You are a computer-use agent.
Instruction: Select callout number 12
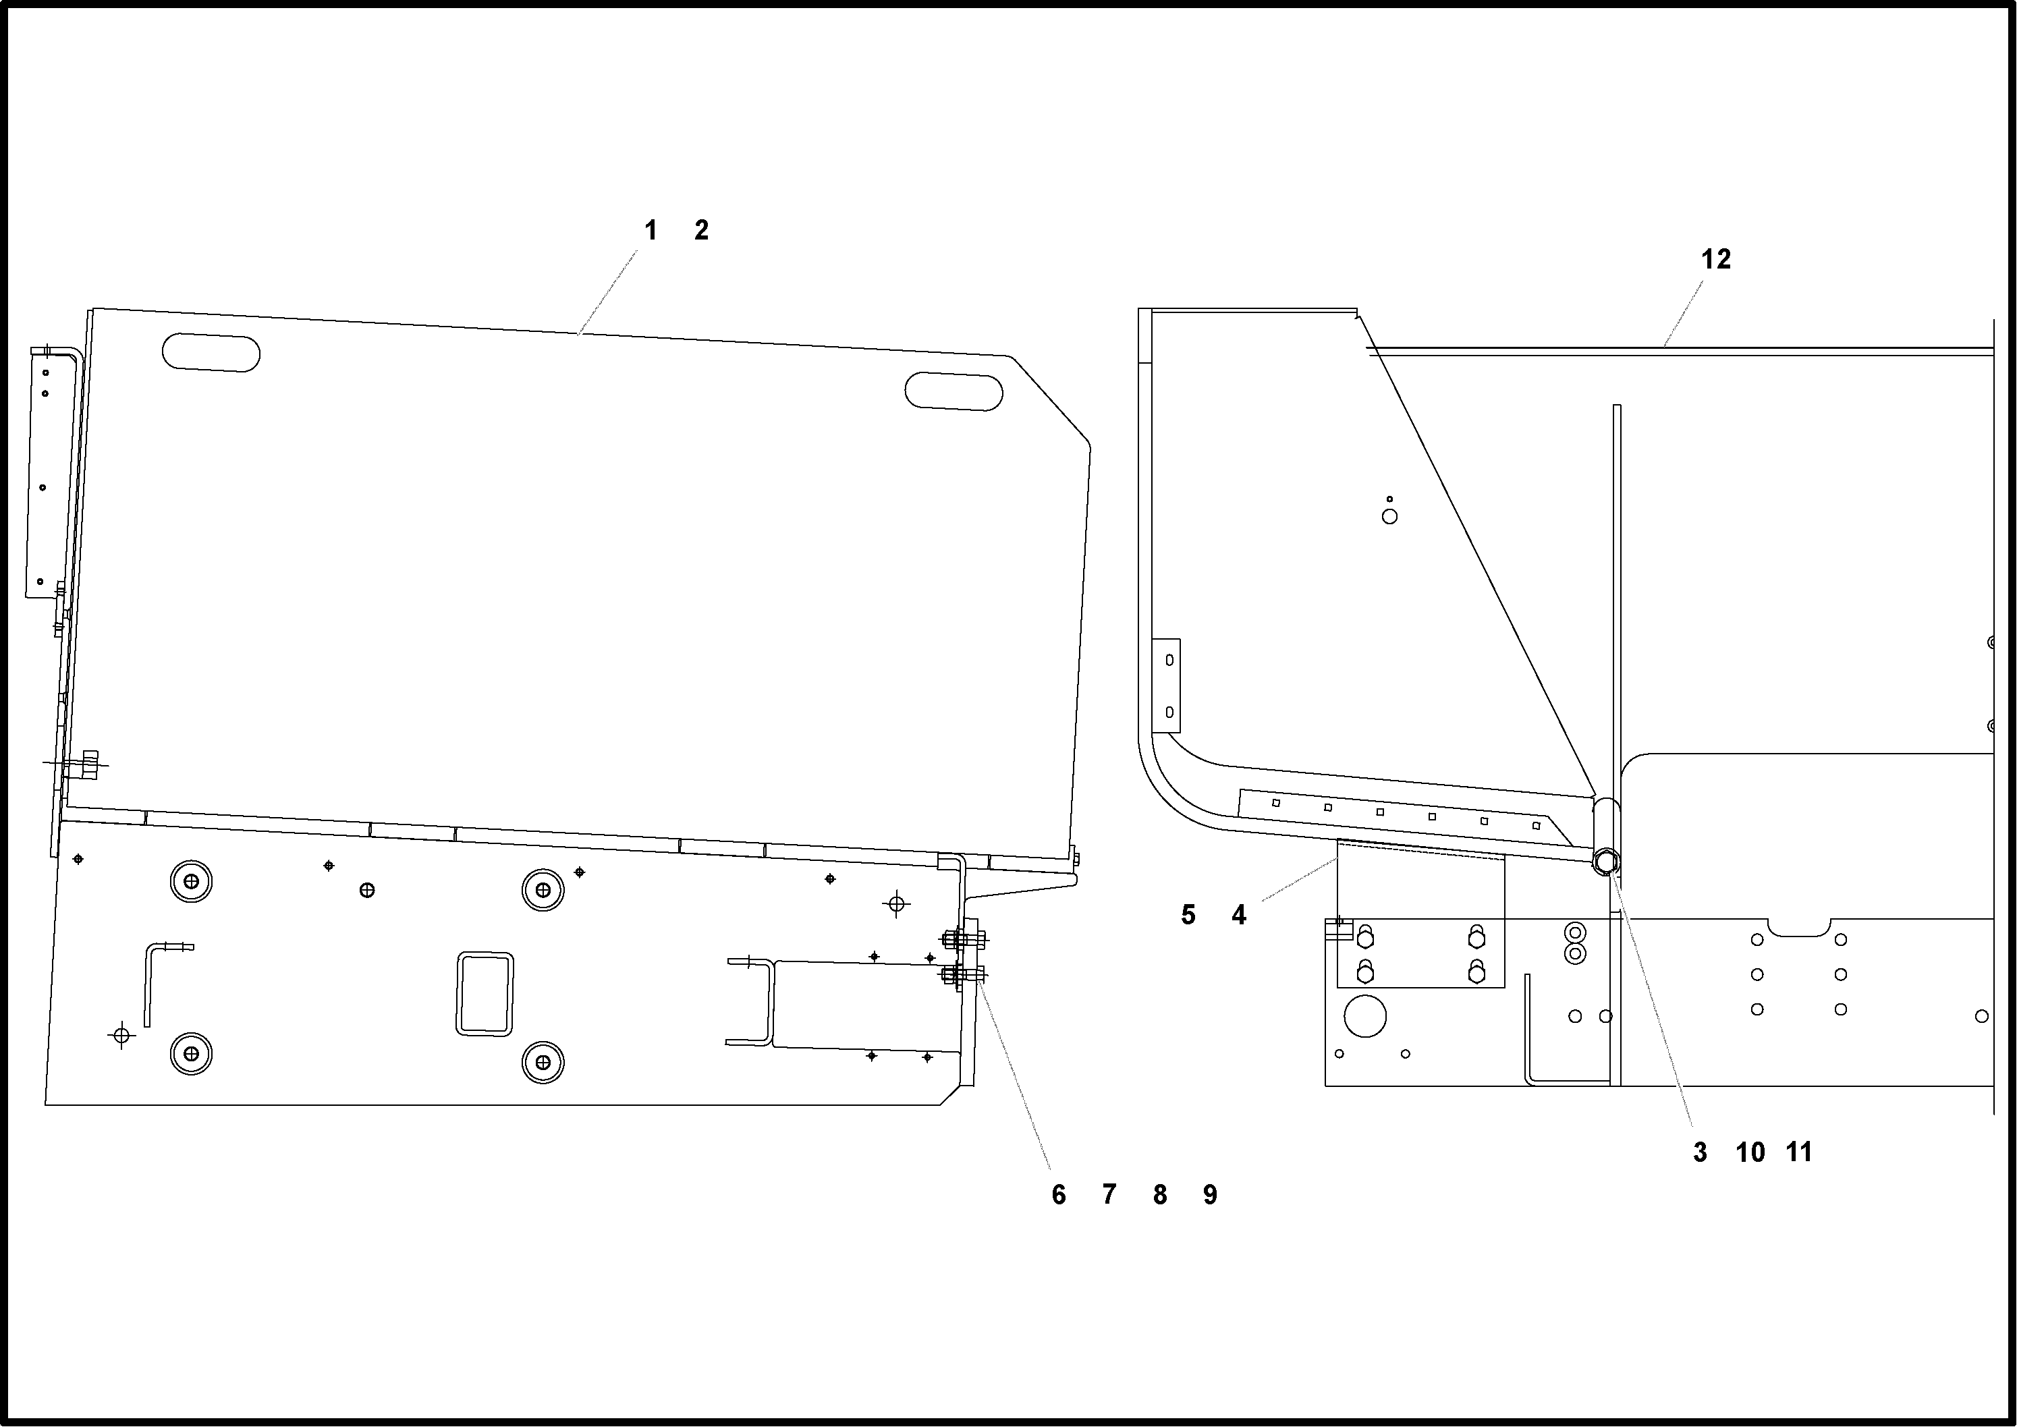point(1715,259)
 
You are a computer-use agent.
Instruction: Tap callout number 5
point(1188,915)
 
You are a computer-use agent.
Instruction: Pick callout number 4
point(1238,915)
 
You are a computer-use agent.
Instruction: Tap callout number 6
point(1058,1195)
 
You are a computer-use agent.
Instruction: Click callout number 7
point(1109,1195)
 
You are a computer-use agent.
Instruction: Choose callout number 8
point(1160,1195)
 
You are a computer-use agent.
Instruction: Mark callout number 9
point(1210,1195)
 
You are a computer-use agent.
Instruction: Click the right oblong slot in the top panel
point(954,391)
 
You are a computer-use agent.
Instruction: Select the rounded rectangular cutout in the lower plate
point(485,994)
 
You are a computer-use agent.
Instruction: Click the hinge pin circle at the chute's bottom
point(1605,862)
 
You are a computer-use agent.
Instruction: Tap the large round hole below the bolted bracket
point(1365,1017)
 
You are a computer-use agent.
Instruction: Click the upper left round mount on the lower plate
point(192,881)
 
